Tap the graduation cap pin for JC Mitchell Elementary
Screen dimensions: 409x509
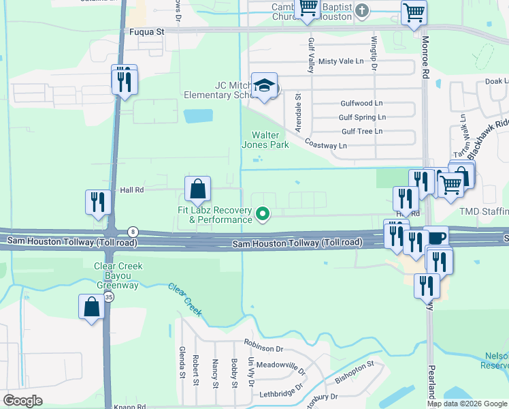tap(264, 87)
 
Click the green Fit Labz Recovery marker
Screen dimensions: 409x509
tap(262, 216)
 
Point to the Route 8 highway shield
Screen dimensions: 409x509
tap(133, 232)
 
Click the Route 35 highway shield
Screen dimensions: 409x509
tap(108, 297)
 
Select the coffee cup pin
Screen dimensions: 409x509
tap(436, 239)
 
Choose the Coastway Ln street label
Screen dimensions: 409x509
tap(325, 145)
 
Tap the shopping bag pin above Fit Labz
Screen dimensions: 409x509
tap(197, 189)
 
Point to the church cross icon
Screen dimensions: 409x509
tap(362, 10)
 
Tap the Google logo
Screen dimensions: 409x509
tap(22, 400)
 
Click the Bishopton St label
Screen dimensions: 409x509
tap(352, 372)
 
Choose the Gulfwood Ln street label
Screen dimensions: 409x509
tap(361, 104)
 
